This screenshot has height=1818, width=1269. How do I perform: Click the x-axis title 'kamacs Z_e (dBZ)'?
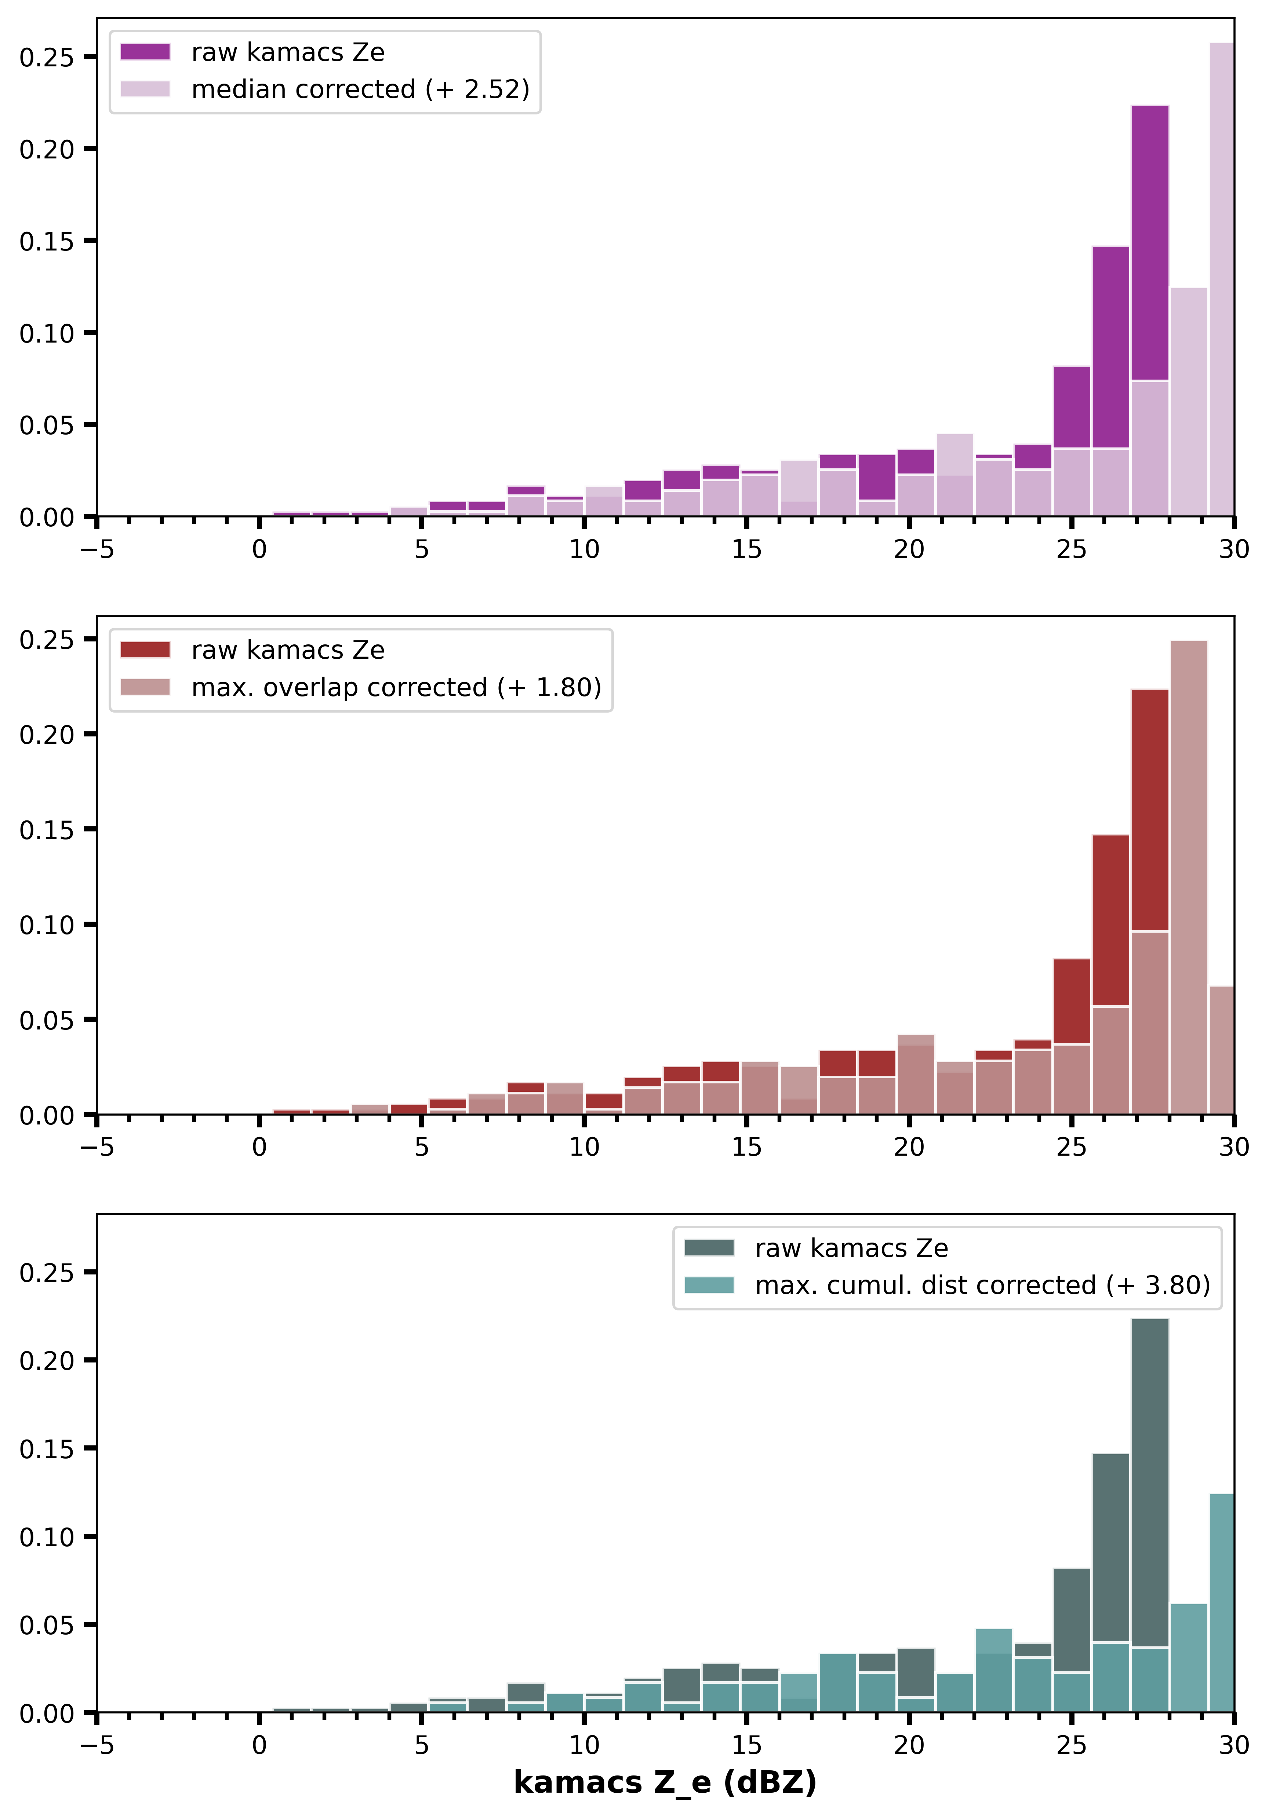(665, 1782)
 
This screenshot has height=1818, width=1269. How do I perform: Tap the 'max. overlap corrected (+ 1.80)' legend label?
(396, 687)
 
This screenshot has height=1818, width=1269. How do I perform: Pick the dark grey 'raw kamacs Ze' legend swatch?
(709, 1248)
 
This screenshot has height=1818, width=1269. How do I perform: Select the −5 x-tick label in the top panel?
(97, 549)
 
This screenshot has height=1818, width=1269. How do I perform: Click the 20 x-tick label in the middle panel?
(909, 1147)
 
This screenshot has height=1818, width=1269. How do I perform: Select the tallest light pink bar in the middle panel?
(1188, 871)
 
